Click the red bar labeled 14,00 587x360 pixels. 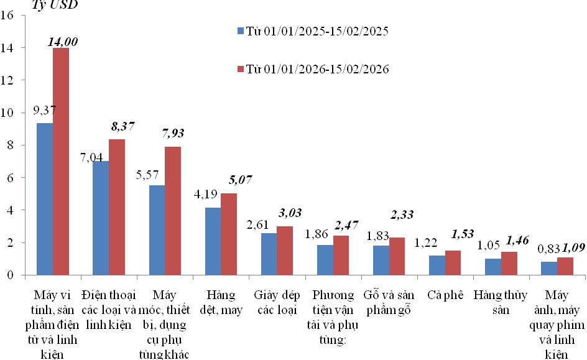[x=61, y=161]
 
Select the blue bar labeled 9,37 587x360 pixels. [x=45, y=199]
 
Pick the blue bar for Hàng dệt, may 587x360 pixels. [x=213, y=241]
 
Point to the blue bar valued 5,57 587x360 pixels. [x=157, y=230]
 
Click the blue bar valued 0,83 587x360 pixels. [x=548, y=268]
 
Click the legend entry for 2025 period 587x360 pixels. [x=313, y=30]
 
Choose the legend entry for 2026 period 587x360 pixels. [x=313, y=69]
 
